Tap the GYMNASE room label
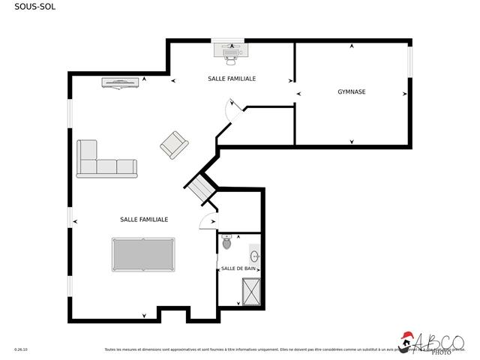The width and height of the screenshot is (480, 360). point(352,92)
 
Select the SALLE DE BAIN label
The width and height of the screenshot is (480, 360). point(238,268)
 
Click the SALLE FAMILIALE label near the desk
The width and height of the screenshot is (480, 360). point(232,78)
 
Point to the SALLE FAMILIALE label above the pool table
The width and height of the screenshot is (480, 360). point(144,220)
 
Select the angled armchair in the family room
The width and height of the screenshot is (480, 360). point(174,144)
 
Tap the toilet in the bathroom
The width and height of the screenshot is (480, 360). point(227,242)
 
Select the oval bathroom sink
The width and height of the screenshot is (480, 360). point(255,256)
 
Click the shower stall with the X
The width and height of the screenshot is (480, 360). point(251,292)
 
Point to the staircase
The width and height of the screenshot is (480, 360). point(200,187)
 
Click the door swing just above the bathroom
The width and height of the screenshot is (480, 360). point(208,221)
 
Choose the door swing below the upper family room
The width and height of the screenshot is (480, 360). point(233,109)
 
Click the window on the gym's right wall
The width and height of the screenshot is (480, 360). point(409,60)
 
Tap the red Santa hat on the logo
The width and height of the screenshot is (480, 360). point(407,336)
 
